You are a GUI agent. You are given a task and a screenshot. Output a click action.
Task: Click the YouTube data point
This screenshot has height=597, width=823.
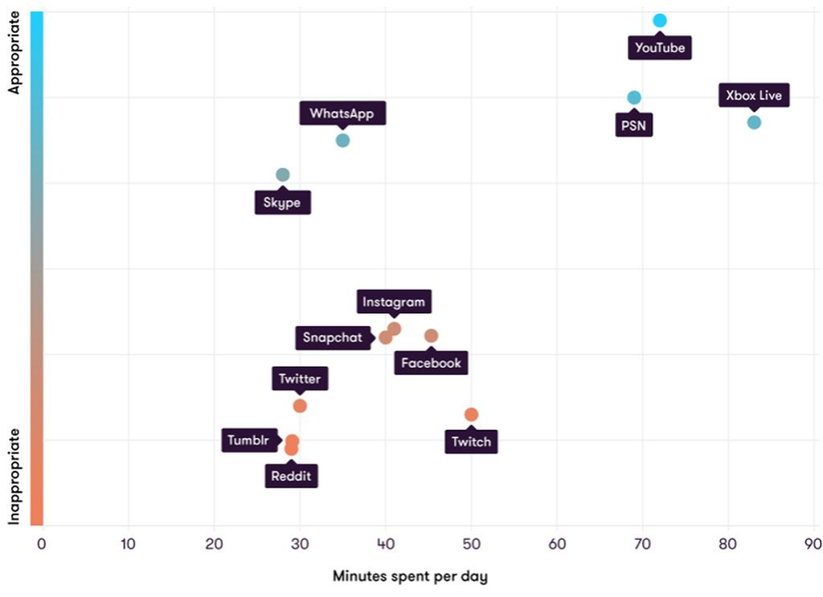(660, 20)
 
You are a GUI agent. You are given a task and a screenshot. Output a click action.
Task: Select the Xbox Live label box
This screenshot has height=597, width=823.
(753, 96)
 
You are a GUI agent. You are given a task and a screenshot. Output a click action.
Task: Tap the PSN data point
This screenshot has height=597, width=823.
(634, 98)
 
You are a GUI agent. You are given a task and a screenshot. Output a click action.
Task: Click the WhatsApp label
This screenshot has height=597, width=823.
(342, 113)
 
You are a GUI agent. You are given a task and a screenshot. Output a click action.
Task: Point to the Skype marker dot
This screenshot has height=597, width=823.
(282, 174)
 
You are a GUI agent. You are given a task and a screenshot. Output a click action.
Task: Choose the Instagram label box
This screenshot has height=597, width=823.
(394, 302)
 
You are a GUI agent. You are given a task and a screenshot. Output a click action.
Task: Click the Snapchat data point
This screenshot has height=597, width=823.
(386, 337)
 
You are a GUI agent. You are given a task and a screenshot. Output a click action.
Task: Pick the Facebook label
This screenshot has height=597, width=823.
(432, 363)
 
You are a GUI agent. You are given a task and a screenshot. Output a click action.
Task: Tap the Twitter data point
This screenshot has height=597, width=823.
(300, 406)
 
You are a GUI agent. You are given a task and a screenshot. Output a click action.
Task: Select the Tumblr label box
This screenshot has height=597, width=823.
(248, 440)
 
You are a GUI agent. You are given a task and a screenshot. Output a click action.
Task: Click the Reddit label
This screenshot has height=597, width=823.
(291, 476)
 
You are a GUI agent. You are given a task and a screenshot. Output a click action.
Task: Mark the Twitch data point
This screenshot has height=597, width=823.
(471, 415)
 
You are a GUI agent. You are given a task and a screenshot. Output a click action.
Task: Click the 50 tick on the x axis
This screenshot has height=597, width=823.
(471, 544)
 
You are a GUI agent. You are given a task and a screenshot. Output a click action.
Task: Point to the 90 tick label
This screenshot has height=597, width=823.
(813, 544)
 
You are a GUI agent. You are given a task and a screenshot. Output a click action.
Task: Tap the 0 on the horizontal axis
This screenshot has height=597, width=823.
(42, 544)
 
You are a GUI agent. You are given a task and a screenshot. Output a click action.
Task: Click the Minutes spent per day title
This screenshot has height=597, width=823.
(410, 576)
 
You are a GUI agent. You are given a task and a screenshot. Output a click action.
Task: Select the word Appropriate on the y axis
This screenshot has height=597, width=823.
(14, 53)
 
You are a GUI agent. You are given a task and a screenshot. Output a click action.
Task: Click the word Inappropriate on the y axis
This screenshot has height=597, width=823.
(14, 476)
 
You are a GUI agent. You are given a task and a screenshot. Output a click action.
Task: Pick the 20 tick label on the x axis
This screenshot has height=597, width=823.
(214, 544)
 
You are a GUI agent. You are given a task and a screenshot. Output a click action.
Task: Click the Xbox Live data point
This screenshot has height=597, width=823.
(754, 122)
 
